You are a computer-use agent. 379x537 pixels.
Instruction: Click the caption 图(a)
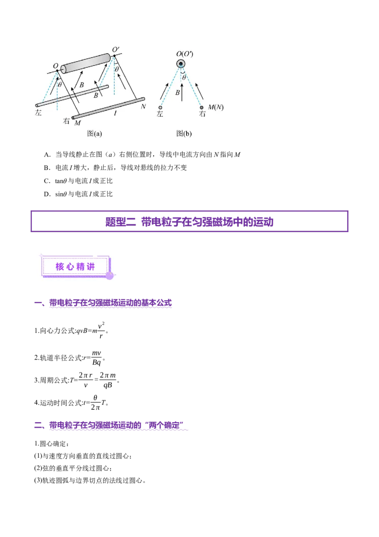[x=94, y=134]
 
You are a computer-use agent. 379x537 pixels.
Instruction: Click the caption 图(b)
[x=184, y=134]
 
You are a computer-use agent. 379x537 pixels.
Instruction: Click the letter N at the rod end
[x=143, y=106]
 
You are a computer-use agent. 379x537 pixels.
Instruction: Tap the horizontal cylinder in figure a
[x=86, y=65]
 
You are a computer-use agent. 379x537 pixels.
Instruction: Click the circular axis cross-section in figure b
[x=180, y=64]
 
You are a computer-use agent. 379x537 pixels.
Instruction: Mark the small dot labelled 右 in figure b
[x=202, y=108]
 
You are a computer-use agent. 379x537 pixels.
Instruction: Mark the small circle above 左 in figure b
[x=160, y=108]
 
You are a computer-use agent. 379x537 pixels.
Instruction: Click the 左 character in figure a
[x=39, y=113]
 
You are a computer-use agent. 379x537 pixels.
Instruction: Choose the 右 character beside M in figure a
[x=66, y=120]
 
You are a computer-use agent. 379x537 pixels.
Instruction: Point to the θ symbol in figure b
[x=184, y=77]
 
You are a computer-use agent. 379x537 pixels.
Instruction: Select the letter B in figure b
[x=177, y=93]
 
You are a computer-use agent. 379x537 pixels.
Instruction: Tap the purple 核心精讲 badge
[x=75, y=267]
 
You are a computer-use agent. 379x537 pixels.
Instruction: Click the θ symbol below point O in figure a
[x=59, y=85]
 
